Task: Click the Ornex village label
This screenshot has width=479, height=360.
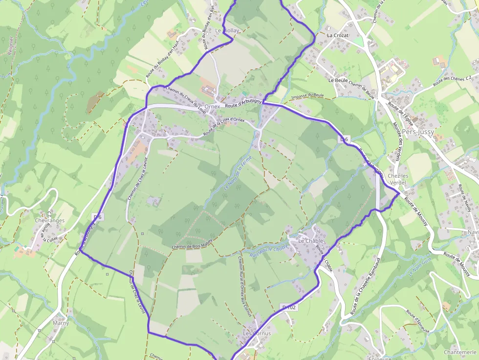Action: pyautogui.click(x=213, y=106)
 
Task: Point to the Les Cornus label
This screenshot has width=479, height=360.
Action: pyautogui.click(x=257, y=333)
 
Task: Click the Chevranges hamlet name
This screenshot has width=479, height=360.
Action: pyautogui.click(x=50, y=221)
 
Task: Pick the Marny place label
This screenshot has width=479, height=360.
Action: pyautogui.click(x=61, y=323)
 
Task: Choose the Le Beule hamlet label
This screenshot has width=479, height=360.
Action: pyautogui.click(x=338, y=80)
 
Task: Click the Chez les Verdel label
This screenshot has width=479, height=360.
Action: pyautogui.click(x=397, y=179)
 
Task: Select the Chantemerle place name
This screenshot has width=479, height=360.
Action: pyautogui.click(x=460, y=352)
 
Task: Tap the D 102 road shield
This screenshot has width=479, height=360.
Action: pyautogui.click(x=289, y=307)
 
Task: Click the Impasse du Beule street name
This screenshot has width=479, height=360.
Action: pyautogui.click(x=307, y=95)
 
